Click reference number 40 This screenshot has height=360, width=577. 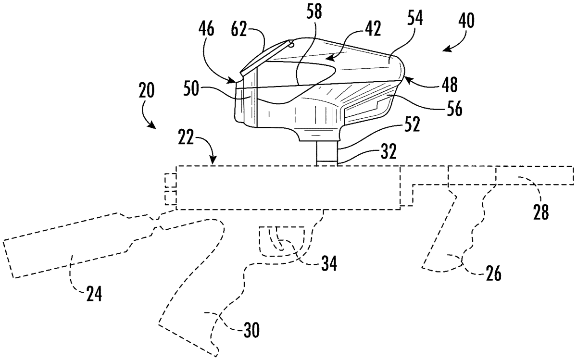click(x=466, y=21)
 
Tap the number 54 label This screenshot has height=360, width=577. click(x=415, y=18)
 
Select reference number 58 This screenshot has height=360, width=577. click(x=314, y=12)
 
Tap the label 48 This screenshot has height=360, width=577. click(x=450, y=85)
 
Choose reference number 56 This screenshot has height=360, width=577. click(x=454, y=109)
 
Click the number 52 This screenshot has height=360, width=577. click(x=412, y=124)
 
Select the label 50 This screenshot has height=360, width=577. click(x=191, y=89)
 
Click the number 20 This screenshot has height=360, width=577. click(x=146, y=91)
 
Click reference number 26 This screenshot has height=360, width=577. click(x=493, y=273)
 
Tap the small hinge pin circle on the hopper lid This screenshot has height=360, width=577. click(x=291, y=45)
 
